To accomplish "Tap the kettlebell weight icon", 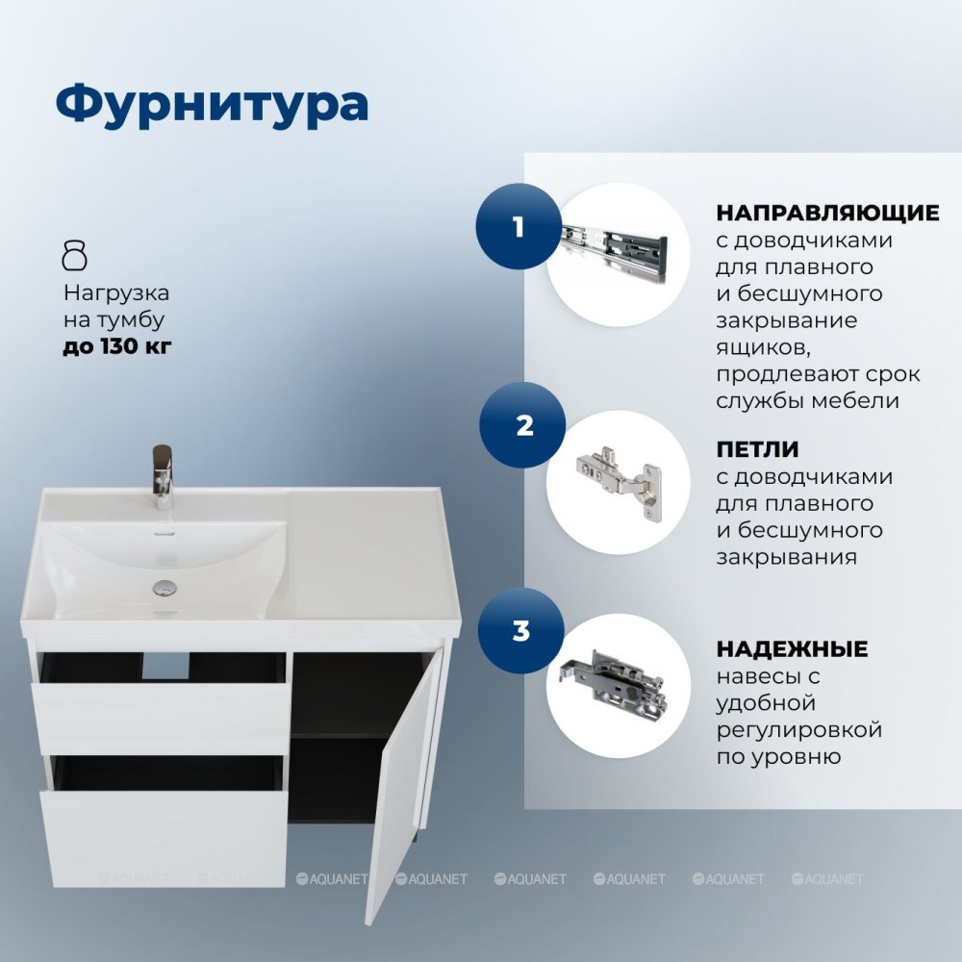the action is click(x=75, y=255).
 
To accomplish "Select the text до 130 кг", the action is click(x=117, y=346).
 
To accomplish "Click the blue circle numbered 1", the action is click(x=519, y=226).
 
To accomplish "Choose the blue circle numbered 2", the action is click(x=522, y=425).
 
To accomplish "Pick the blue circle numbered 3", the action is click(x=520, y=631).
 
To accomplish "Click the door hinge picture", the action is click(x=619, y=482).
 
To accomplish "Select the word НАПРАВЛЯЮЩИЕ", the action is click(x=827, y=213).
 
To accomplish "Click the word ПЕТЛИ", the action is click(x=757, y=449).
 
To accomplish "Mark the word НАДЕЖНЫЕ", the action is click(x=792, y=649).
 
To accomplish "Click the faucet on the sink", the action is click(x=163, y=477).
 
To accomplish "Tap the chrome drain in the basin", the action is click(x=165, y=588).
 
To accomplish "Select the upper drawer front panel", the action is click(x=161, y=719).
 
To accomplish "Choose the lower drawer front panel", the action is click(x=164, y=838).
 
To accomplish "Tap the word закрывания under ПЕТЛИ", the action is click(x=787, y=557).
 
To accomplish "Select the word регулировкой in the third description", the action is click(x=799, y=731).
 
